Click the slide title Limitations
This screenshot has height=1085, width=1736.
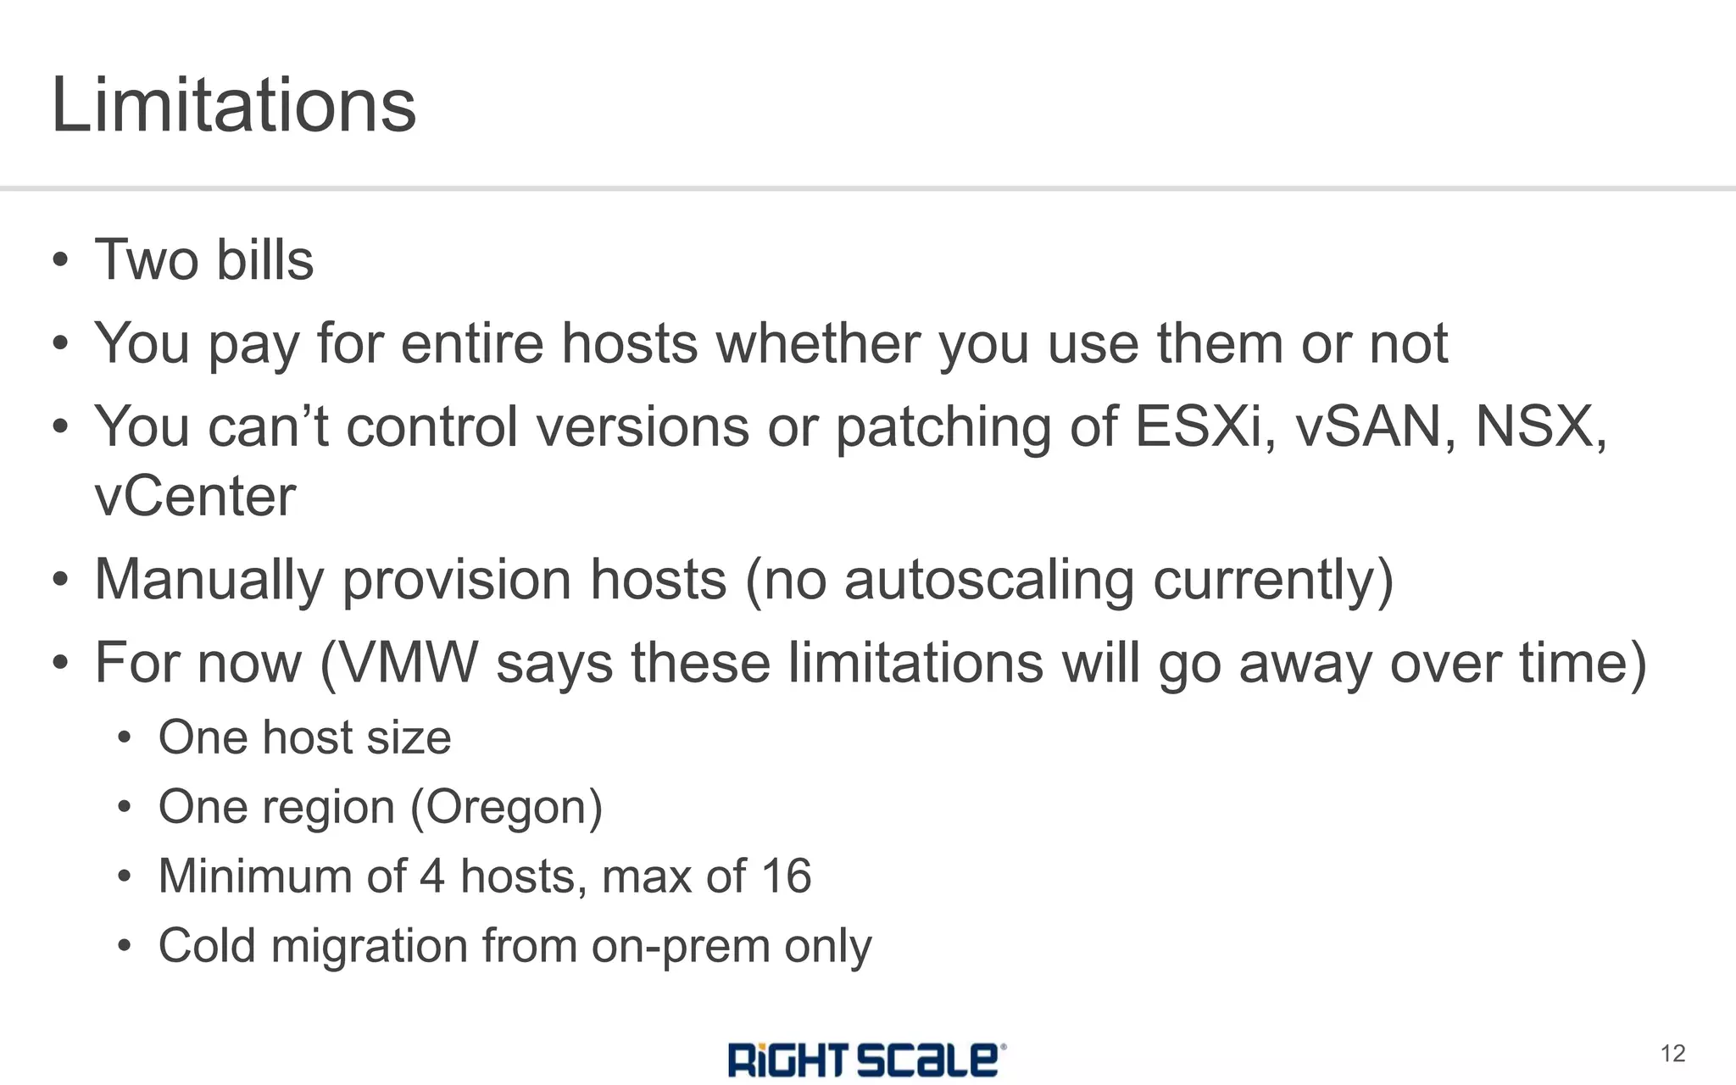pos(234,105)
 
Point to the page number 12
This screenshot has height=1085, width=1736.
pos(1672,1054)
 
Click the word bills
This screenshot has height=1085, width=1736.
pos(264,259)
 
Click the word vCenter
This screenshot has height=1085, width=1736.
pos(195,497)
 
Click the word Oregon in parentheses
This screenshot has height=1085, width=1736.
pos(507,807)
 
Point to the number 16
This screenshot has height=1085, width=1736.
pos(786,876)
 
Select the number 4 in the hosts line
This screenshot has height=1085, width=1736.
pos(431,876)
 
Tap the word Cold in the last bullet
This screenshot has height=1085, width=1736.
pos(206,946)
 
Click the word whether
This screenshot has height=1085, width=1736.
pos(817,343)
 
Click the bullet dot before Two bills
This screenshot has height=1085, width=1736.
pos(60,260)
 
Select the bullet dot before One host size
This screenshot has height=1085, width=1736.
pos(125,738)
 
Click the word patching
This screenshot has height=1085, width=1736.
pos(943,426)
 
